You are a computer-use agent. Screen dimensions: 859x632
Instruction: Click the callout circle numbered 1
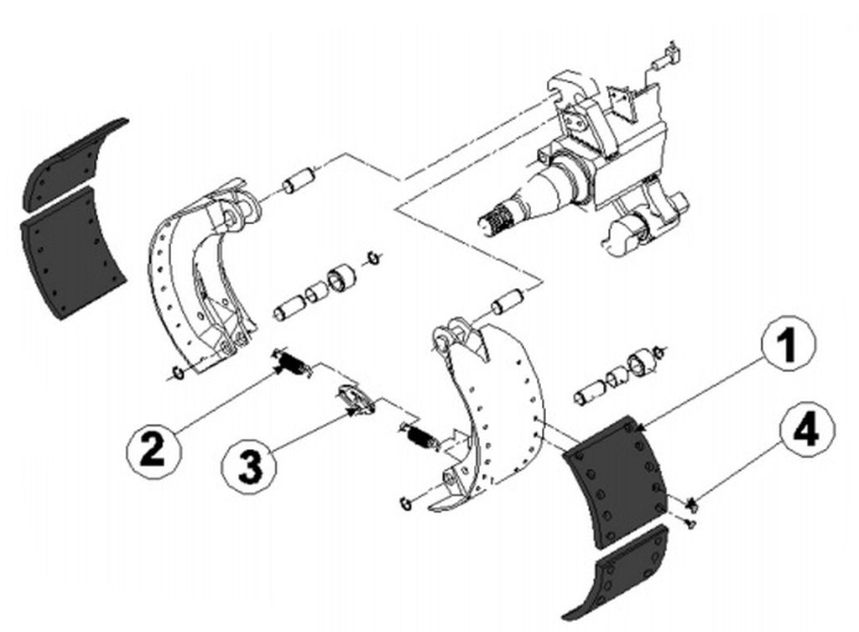click(x=789, y=344)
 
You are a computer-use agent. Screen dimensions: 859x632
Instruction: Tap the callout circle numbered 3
click(x=249, y=467)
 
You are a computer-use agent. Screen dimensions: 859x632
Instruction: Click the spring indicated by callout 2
click(x=293, y=362)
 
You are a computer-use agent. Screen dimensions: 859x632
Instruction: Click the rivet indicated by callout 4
click(x=691, y=504)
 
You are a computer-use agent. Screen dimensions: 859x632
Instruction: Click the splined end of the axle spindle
click(x=499, y=219)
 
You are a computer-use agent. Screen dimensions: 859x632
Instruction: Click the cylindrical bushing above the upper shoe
click(x=299, y=181)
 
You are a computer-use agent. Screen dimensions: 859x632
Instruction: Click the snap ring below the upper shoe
click(x=177, y=373)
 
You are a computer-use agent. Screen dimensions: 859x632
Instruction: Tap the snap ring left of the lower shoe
click(x=407, y=504)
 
